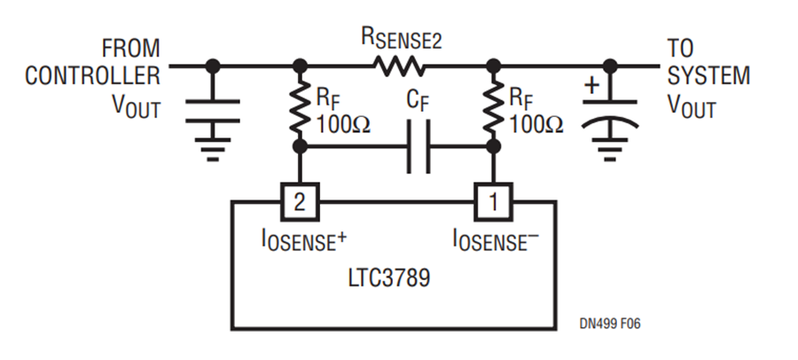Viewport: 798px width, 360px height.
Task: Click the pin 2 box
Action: coord(300,202)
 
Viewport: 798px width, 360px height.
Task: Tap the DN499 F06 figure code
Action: coord(606,324)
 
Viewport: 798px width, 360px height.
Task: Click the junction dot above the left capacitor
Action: coord(213,65)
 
